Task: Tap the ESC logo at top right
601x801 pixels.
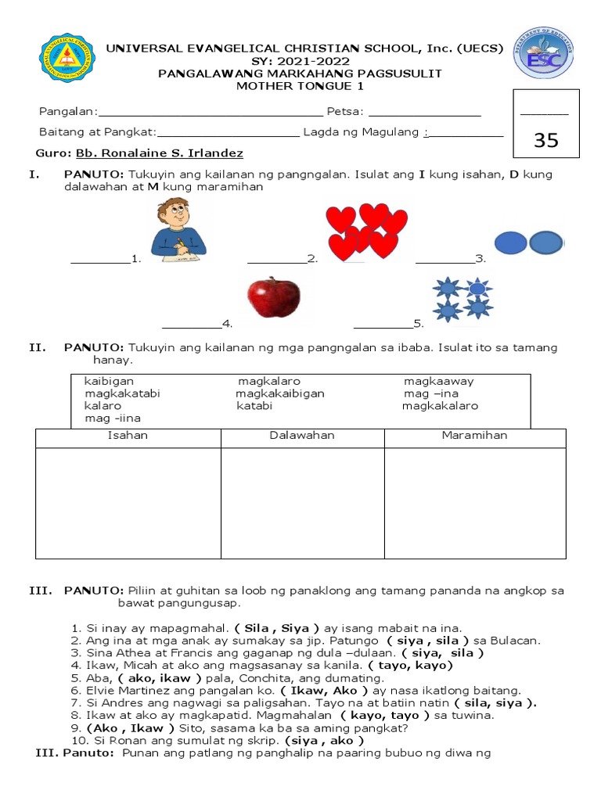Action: (x=542, y=53)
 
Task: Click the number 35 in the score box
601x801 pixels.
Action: (x=545, y=140)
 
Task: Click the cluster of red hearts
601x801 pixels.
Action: (x=366, y=232)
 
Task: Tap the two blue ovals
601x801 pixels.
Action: (x=529, y=243)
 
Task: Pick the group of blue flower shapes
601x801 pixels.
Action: (x=462, y=299)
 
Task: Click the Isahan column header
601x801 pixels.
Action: (x=128, y=436)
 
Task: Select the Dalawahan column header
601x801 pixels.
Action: (x=302, y=436)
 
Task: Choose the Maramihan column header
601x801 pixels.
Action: (x=474, y=436)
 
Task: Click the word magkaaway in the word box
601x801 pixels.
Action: (x=439, y=382)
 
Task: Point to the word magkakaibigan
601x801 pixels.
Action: (x=280, y=393)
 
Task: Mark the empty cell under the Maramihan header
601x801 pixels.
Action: (x=474, y=503)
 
